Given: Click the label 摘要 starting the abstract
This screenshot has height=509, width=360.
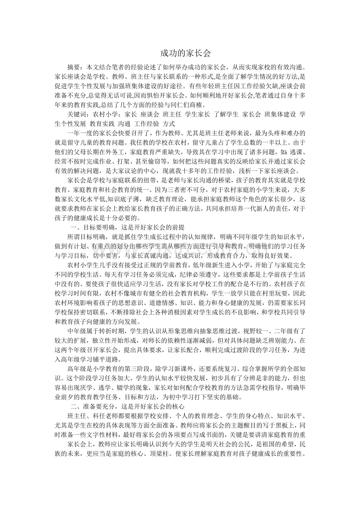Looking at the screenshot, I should [74, 67].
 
